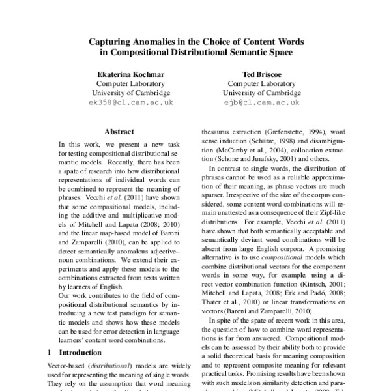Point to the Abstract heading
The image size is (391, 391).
119,130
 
